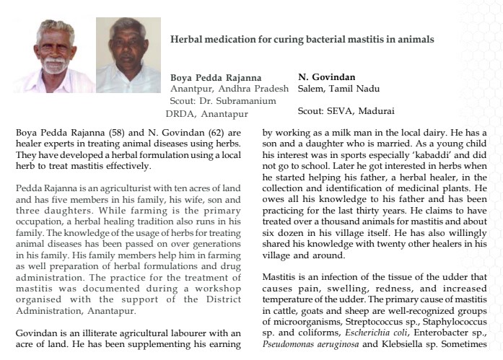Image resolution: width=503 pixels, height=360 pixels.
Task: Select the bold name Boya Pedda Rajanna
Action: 215,77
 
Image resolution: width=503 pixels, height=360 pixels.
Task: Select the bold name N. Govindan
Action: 326,76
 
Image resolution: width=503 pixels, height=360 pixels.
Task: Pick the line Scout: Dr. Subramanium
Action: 223,101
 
